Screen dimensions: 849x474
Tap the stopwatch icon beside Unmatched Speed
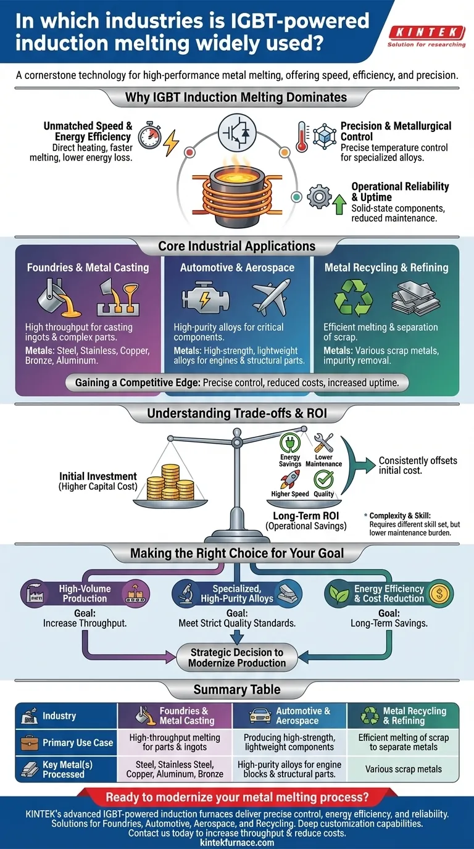click(148, 137)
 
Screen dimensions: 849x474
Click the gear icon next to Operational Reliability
click(318, 197)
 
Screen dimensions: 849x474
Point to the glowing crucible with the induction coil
click(238, 184)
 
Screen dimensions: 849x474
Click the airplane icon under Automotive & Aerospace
click(272, 297)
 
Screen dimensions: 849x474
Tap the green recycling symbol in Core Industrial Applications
click(353, 297)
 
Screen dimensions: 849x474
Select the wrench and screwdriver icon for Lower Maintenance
click(323, 442)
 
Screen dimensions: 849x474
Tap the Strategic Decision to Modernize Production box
click(238, 658)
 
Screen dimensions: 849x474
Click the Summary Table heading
click(237, 689)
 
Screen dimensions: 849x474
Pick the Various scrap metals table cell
click(404, 769)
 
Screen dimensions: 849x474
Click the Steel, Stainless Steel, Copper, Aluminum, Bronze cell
click(175, 769)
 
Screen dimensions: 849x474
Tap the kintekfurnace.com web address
click(237, 843)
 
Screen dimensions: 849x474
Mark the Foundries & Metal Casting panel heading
click(88, 268)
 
